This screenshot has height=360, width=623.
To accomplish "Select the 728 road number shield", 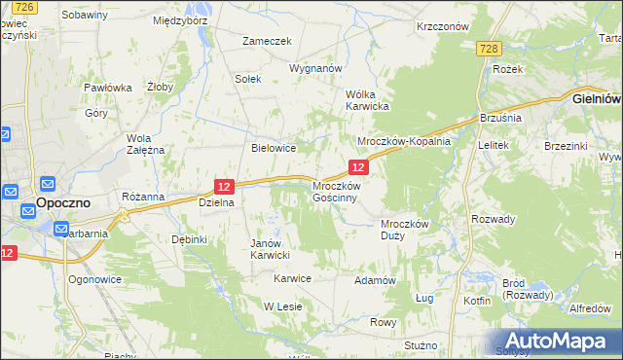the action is pos(489,49).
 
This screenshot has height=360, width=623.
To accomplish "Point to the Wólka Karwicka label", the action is pos(368,99).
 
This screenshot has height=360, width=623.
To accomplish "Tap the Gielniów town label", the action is pos(595,99).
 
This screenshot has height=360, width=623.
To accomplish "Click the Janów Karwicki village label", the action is pos(271,249).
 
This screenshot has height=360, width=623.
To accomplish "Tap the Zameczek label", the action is pos(268,41).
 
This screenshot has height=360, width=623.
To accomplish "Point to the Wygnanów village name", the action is pos(315,69).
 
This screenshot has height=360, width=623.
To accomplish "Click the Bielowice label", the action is pos(274,148).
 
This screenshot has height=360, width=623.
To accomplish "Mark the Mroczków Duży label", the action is pos(405,230).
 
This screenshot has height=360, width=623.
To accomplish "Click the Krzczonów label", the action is pos(443,27).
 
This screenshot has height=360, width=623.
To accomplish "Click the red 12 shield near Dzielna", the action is pos(224,186).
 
